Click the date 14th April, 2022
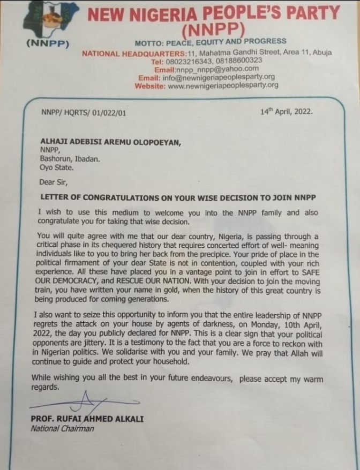pyautogui.click(x=286, y=112)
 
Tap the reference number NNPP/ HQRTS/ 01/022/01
pyautogui.click(x=80, y=112)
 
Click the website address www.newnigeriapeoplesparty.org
pyautogui.click(x=223, y=85)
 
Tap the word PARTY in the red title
pyautogui.click(x=306, y=13)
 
